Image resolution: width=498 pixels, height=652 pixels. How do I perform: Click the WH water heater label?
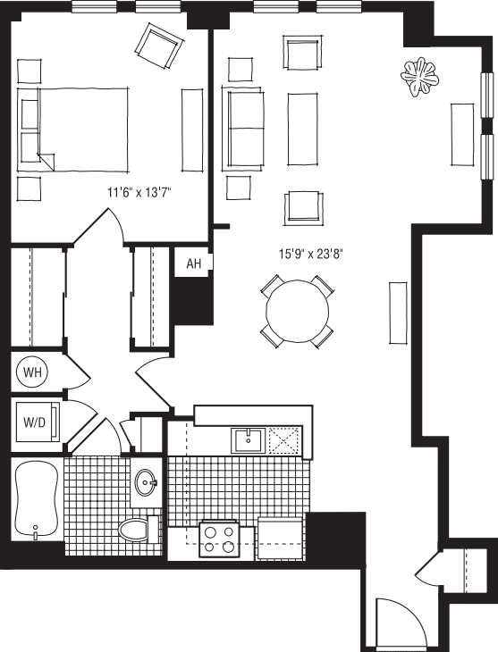click(33, 372)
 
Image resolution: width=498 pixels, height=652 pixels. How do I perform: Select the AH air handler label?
click(193, 263)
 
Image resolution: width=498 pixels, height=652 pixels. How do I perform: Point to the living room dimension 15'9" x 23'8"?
click(310, 253)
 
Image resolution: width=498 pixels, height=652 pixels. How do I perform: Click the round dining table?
click(297, 311)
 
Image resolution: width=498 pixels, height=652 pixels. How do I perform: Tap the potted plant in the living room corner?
click(419, 78)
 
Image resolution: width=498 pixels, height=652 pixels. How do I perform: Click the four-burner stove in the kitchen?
click(219, 539)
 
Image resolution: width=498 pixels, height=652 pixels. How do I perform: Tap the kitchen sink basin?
click(249, 440)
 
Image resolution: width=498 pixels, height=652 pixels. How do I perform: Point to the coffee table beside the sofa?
click(302, 127)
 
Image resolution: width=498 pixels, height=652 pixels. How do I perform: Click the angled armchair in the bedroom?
click(159, 46)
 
